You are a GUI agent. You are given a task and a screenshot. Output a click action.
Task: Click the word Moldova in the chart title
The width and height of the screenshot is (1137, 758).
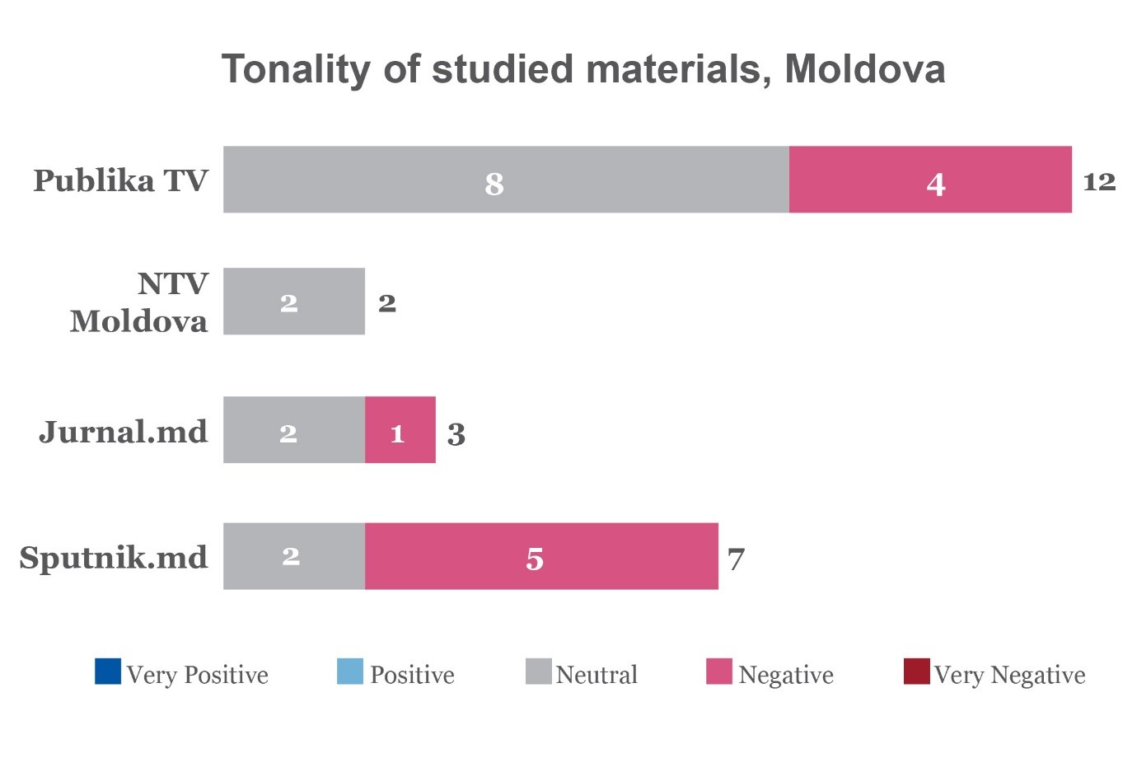click(x=864, y=69)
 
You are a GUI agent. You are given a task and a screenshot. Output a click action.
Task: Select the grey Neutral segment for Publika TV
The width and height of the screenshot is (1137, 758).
click(x=506, y=180)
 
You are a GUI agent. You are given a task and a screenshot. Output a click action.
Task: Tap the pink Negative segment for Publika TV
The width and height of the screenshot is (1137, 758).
click(x=930, y=180)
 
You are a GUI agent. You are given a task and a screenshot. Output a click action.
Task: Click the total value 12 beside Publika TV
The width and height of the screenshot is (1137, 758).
click(x=1099, y=181)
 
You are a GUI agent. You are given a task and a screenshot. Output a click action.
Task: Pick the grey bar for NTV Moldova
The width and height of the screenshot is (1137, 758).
click(x=293, y=302)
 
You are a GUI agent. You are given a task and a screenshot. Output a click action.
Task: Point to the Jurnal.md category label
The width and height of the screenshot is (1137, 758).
click(x=124, y=432)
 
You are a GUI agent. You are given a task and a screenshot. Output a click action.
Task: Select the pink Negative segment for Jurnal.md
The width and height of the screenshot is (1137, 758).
click(x=400, y=430)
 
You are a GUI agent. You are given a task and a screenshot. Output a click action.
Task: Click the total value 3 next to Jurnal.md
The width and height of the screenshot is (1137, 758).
click(x=456, y=433)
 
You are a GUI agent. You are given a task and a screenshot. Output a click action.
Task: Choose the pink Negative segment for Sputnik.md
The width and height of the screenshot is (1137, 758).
click(x=541, y=556)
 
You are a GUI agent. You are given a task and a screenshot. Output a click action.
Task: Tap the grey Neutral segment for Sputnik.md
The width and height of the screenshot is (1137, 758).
click(x=293, y=556)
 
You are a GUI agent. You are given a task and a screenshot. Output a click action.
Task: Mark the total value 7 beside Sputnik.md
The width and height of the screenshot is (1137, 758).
click(x=736, y=559)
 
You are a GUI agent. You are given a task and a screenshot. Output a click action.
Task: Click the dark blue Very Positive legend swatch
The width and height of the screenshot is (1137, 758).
click(x=108, y=671)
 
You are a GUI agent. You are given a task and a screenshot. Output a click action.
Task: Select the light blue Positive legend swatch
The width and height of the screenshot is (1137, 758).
click(x=349, y=671)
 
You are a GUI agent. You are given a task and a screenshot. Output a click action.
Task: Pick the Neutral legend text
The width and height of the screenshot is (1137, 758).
click(x=597, y=675)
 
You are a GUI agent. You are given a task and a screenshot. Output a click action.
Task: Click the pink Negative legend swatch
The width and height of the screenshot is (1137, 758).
click(x=718, y=671)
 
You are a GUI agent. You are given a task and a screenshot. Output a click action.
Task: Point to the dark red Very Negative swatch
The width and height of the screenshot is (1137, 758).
click(x=916, y=671)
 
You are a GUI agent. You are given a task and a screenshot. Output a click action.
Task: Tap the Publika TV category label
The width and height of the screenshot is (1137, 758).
click(x=120, y=180)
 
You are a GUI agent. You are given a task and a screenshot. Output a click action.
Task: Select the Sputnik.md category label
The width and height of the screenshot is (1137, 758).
click(x=114, y=558)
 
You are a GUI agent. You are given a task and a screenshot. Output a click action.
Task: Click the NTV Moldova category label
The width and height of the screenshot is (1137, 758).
click(x=138, y=302)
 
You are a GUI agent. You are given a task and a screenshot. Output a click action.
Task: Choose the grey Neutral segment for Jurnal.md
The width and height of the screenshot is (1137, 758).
click(x=293, y=430)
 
